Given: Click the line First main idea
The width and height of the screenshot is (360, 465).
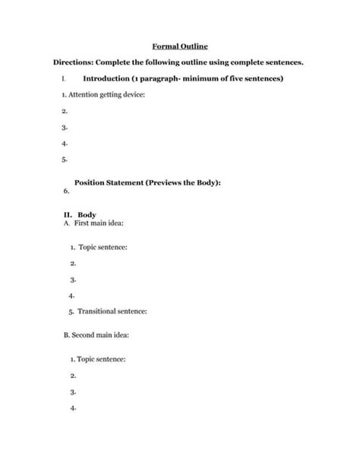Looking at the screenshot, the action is (x=93, y=224).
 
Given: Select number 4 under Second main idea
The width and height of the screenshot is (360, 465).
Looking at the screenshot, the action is (x=71, y=406).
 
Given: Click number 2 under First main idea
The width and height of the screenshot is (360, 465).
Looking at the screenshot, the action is (x=72, y=263).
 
